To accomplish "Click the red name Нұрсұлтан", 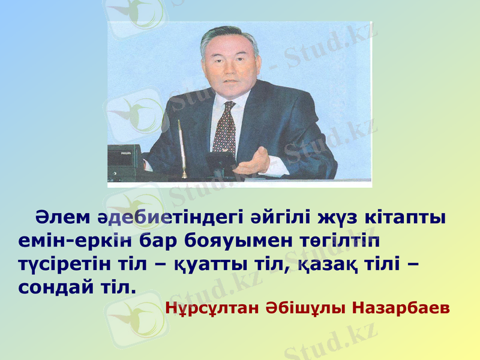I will pyautogui.click(x=212, y=308).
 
